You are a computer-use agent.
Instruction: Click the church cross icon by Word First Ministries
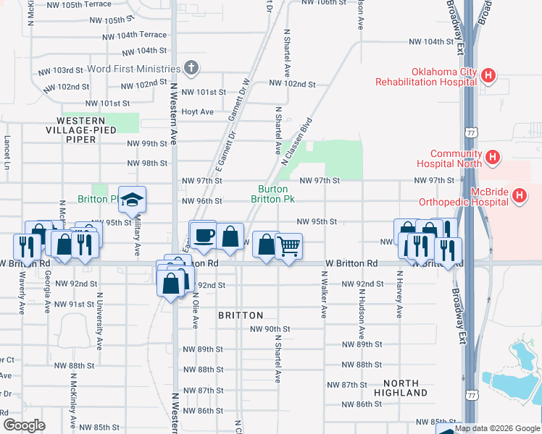click(191, 69)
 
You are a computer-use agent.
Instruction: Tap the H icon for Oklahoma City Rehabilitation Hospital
click(489, 75)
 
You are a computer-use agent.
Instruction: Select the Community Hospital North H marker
click(493, 156)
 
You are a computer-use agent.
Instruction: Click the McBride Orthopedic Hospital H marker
click(519, 195)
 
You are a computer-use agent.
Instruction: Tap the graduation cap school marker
click(133, 200)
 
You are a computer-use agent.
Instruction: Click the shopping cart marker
click(288, 247)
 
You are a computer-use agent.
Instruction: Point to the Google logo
click(24, 425)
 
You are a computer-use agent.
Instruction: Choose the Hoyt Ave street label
click(198, 112)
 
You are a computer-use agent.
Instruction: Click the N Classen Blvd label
click(297, 143)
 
